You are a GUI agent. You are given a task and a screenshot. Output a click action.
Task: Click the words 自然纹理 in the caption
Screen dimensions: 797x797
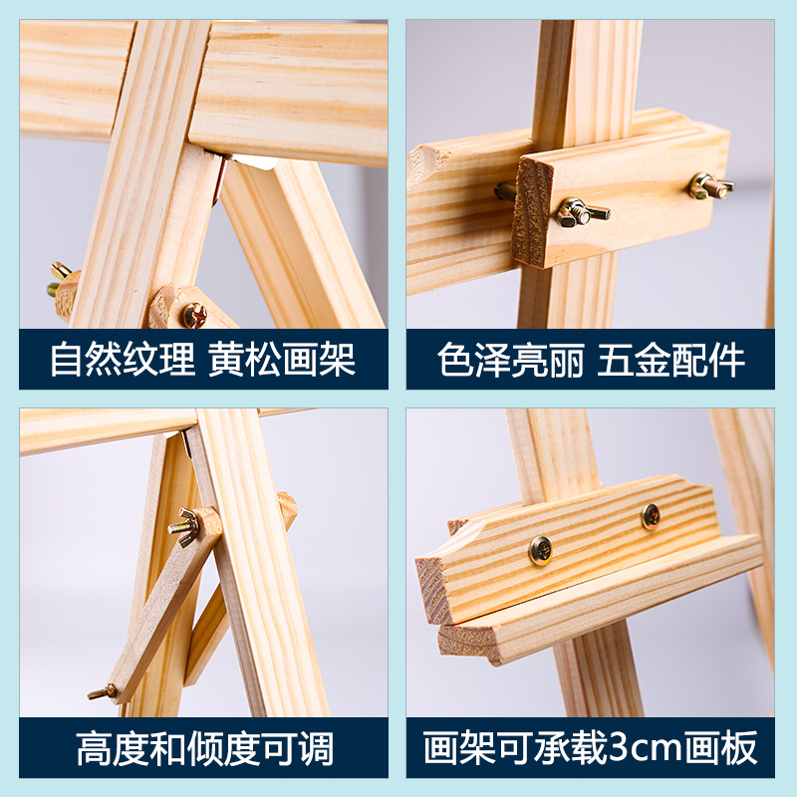[123, 360]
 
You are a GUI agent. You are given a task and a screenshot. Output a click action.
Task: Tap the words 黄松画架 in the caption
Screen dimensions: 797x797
[283, 360]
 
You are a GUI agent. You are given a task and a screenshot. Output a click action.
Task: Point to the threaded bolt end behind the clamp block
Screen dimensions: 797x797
[505, 190]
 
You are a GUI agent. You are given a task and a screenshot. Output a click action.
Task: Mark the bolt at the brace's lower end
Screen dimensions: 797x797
[104, 690]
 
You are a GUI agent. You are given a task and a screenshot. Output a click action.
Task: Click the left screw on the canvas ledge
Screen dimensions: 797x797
[541, 550]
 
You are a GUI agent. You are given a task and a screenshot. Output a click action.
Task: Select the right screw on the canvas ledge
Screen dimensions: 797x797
[650, 515]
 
